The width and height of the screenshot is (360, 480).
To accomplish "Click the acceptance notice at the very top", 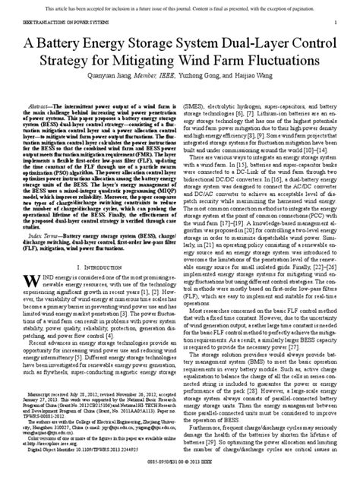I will tap(179, 5).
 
